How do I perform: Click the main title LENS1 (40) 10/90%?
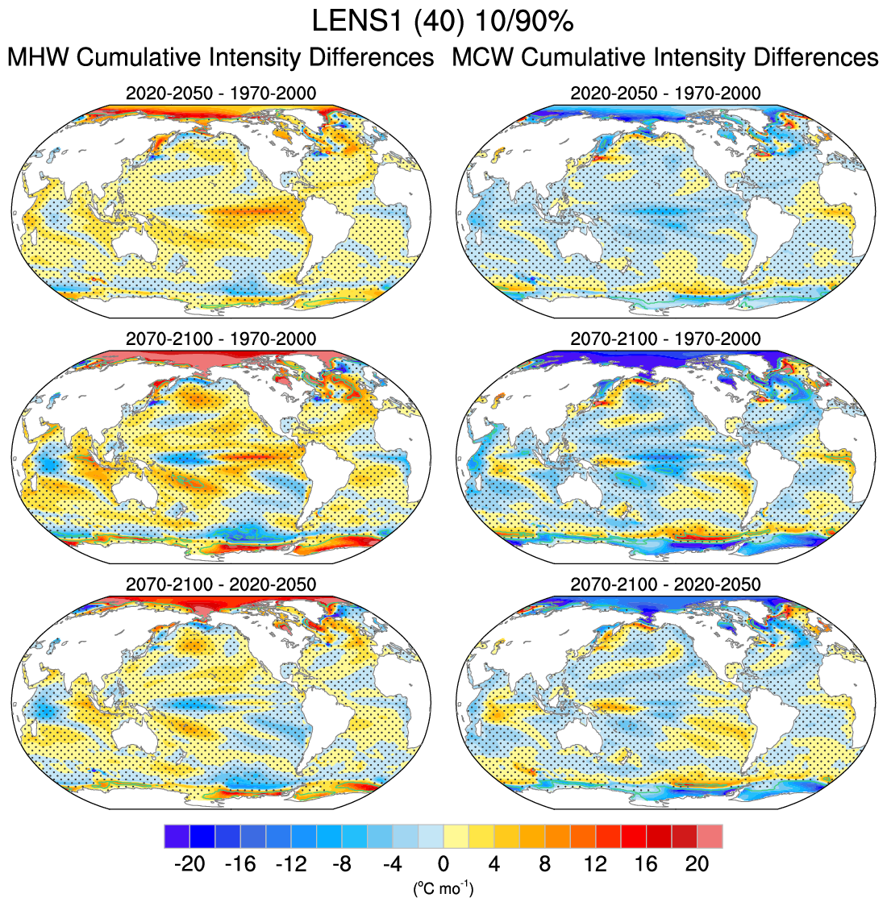click(443, 22)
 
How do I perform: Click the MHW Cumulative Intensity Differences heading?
click(220, 58)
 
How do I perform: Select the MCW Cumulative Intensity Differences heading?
click(665, 58)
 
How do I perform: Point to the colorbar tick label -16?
click(239, 864)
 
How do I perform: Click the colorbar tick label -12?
click(290, 864)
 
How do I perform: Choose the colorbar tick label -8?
click(341, 864)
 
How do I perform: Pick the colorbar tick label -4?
click(392, 864)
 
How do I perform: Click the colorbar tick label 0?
click(443, 864)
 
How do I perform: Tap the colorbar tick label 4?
click(493, 864)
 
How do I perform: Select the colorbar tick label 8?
click(544, 864)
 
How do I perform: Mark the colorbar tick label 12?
click(595, 864)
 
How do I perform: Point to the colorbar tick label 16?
click(646, 864)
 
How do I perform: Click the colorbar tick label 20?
click(697, 864)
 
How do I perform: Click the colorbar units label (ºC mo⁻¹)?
click(443, 888)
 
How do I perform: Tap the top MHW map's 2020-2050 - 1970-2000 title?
click(221, 94)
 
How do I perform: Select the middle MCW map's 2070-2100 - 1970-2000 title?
click(665, 339)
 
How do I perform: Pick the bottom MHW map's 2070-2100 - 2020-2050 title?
click(221, 584)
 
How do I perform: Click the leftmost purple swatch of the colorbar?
click(176, 836)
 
